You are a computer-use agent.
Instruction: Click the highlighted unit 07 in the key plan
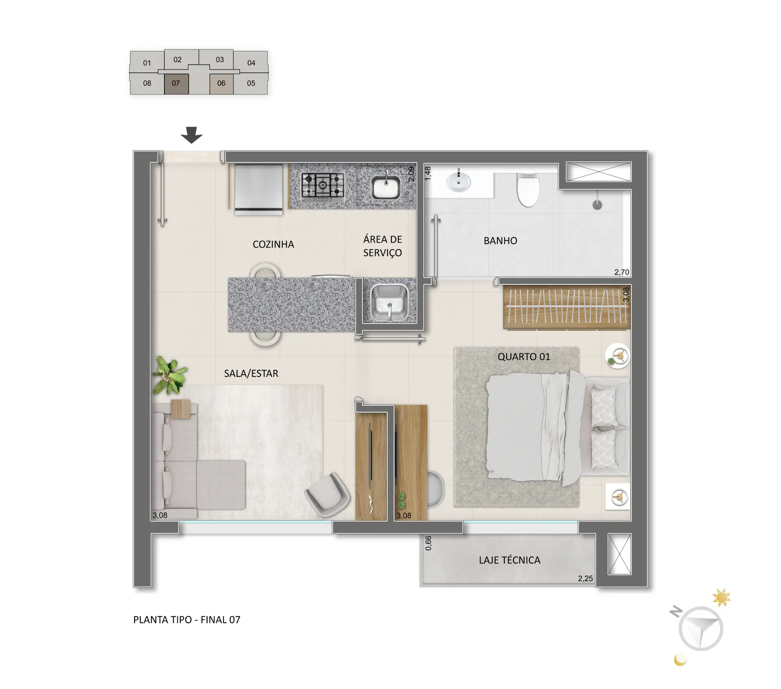point(177,84)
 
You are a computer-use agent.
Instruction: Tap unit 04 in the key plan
point(251,63)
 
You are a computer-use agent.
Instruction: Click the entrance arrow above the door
point(192,135)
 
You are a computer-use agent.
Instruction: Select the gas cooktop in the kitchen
point(323,187)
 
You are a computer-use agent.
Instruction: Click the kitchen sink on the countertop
point(386,186)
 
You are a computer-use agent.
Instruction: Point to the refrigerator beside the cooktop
point(258,189)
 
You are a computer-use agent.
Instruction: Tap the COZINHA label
point(273,244)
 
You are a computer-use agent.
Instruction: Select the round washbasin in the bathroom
point(458,181)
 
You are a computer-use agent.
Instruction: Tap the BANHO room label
point(500,241)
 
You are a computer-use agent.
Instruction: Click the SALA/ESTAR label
point(251,374)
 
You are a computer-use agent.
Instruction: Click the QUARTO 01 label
point(524,357)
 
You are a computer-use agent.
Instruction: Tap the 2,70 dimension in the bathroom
point(622,272)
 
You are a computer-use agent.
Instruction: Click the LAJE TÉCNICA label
point(510,560)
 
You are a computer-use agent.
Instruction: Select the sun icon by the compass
point(722,598)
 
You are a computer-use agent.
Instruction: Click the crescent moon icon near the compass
point(680,660)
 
